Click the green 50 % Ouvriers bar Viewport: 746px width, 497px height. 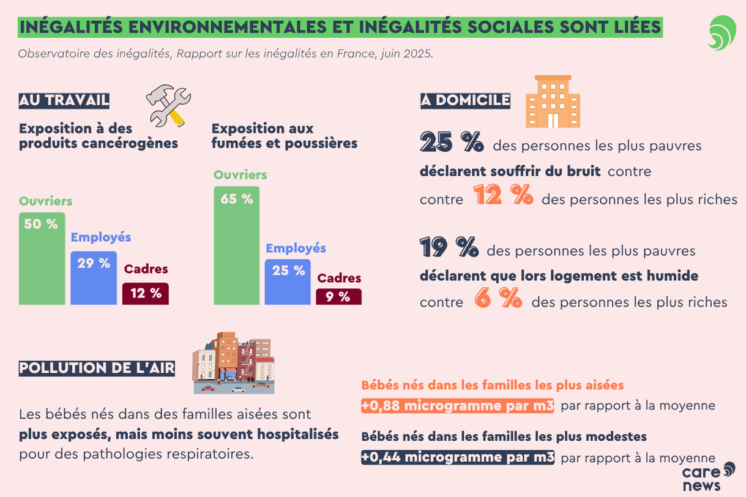pos(42,258)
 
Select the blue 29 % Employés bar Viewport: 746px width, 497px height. pos(94,278)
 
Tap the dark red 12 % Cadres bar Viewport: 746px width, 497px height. pos(145,294)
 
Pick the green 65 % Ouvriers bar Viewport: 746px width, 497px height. pos(236,245)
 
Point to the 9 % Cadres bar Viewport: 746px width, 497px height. pos(338,297)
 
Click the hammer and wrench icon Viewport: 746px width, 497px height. pos(168,106)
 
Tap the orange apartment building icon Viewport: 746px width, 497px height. pos(553,102)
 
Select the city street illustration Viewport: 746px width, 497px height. pos(233,363)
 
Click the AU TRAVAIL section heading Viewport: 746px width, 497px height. pos(64,100)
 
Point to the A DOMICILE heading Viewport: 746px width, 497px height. pos(465,100)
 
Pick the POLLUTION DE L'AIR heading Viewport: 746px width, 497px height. pos(97,368)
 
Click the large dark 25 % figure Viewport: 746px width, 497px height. pos(452,143)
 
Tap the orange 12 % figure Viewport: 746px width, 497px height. pos(502,196)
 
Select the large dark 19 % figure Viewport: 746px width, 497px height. pos(449,247)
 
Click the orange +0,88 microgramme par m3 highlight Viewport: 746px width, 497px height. pos(458,406)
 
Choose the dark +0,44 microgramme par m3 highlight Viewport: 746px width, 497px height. pos(458,457)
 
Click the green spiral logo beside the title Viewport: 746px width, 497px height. pos(722,32)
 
